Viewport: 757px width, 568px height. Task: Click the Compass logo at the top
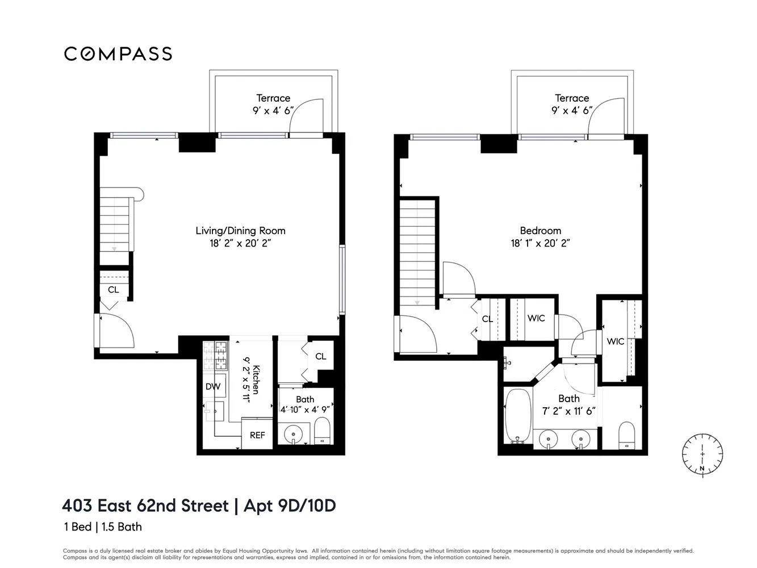118,54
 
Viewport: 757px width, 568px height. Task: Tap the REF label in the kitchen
257,435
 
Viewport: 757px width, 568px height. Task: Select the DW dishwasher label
213,387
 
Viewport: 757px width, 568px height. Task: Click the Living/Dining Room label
240,231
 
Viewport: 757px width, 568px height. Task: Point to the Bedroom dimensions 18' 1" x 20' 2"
540,243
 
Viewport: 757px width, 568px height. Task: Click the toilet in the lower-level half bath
322,431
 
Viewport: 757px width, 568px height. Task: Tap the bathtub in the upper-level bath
518,416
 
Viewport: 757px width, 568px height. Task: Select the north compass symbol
702,454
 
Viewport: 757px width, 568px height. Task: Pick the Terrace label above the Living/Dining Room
273,98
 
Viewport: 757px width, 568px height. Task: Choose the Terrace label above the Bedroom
572,98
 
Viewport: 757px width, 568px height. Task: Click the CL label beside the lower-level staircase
114,290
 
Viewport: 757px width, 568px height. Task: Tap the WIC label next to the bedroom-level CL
536,318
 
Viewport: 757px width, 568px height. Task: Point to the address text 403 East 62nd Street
145,506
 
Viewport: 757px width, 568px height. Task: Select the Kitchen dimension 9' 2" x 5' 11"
246,379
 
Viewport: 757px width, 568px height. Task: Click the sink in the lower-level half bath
293,434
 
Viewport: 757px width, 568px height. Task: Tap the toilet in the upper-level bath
626,435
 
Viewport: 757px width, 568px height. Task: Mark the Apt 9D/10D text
290,506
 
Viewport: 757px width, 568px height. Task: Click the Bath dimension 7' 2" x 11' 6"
568,411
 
